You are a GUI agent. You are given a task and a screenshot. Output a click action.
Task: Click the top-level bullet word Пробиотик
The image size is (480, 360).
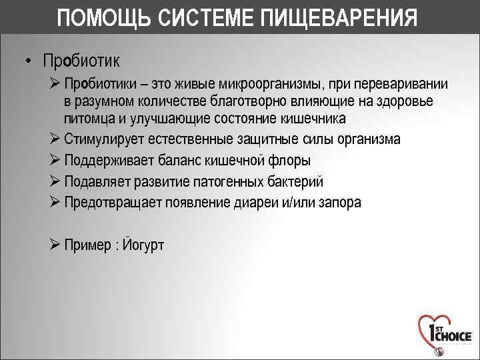(81, 61)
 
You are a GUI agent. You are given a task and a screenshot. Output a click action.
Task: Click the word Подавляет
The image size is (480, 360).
(97, 181)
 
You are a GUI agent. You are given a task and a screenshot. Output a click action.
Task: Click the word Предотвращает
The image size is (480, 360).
(112, 203)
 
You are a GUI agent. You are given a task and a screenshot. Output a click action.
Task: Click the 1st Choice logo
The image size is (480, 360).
(444, 333)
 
